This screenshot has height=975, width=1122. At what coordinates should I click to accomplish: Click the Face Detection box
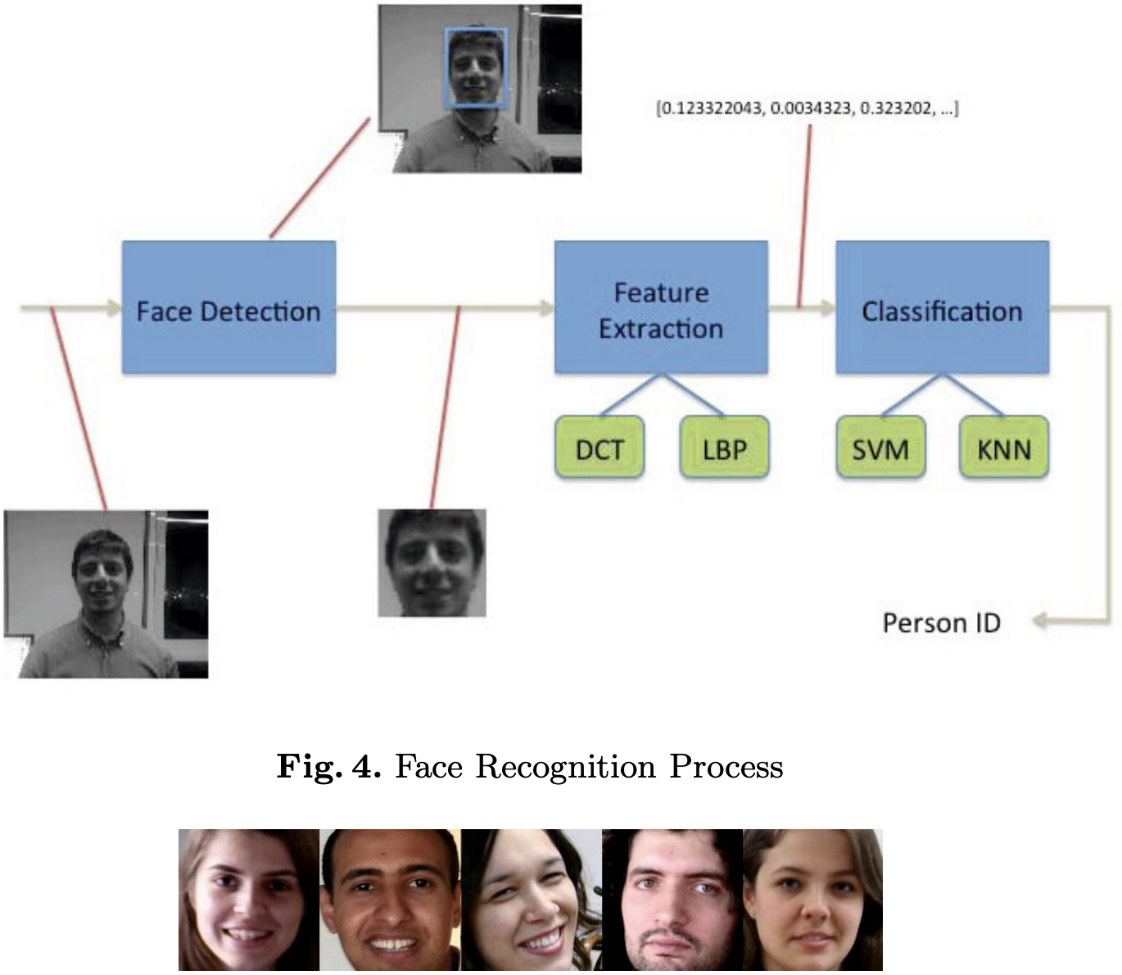(x=228, y=308)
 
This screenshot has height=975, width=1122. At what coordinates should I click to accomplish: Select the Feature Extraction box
(x=661, y=308)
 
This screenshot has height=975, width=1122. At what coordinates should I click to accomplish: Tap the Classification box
(x=942, y=308)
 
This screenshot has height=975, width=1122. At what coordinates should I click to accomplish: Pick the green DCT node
(x=599, y=447)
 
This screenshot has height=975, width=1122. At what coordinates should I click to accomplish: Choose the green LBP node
(x=724, y=447)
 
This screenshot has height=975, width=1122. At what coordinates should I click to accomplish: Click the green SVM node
(x=880, y=447)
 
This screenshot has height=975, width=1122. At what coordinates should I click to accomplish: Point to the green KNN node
(x=1004, y=447)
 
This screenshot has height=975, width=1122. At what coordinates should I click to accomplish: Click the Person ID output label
(x=941, y=623)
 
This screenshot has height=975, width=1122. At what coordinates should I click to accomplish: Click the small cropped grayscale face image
(x=432, y=563)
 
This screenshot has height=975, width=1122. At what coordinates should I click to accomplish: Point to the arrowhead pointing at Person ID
(x=1041, y=621)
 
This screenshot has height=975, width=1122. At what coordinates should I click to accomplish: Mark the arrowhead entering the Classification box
(x=827, y=308)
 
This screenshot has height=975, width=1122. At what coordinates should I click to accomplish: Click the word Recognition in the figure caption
(x=565, y=767)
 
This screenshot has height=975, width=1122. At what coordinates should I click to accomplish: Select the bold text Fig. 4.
(x=328, y=767)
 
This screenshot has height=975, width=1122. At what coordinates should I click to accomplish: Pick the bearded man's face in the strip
(x=672, y=900)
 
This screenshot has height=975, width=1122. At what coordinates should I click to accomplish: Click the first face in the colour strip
(x=249, y=900)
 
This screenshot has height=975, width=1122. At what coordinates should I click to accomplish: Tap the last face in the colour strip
(x=812, y=900)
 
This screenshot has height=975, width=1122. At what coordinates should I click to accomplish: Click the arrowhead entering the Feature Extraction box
(x=546, y=308)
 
